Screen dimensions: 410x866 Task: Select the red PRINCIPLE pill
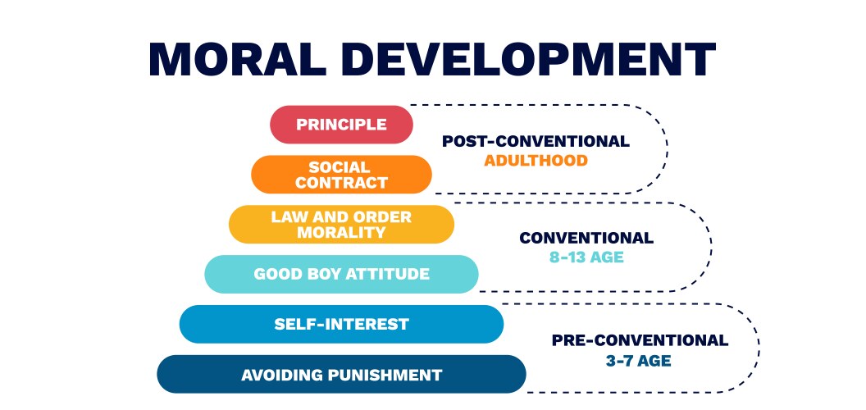pos(341,125)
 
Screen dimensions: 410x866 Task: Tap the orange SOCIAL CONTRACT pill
pos(341,175)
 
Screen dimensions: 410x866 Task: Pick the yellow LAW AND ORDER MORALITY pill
pos(341,225)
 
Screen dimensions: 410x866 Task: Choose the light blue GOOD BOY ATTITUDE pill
pos(341,274)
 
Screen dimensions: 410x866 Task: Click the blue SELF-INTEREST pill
pos(341,324)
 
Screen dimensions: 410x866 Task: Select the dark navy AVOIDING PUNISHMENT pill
pos(341,375)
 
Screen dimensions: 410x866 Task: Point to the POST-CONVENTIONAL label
pos(536,141)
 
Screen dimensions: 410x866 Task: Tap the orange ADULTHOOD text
pos(536,161)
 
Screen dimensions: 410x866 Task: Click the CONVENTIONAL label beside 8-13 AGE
pos(586,238)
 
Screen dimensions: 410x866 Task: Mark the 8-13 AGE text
pos(586,257)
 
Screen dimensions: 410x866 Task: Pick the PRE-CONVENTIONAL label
pos(640,339)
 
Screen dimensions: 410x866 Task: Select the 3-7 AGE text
pos(640,359)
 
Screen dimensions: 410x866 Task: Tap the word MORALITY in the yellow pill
pos(341,233)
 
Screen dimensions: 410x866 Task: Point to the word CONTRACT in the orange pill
pos(341,183)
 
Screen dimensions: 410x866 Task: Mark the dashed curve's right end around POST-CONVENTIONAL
pos(667,149)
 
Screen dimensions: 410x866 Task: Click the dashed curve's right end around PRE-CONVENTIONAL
pos(759,348)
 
